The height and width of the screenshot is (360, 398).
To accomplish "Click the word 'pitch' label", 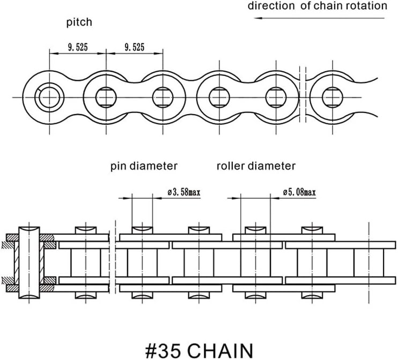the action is coord(79,22).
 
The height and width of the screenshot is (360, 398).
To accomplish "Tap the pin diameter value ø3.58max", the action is coord(184,192).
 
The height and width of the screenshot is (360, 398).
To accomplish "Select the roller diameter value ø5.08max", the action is coord(299,192).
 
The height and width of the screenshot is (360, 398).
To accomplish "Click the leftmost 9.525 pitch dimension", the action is coord(78,47).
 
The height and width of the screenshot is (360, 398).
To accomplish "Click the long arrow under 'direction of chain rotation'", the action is coord(319,18).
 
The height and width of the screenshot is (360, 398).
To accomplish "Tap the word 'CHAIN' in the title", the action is coord(220,350).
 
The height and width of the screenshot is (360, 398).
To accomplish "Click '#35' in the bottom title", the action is coord(163,350).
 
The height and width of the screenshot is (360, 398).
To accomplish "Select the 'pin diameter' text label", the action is coord(144,166).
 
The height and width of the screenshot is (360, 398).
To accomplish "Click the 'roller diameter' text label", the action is coord(256,166).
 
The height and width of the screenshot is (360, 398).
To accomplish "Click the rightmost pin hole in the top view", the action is coord(333,97).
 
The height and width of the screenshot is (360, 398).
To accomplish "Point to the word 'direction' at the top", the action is coord(271,5).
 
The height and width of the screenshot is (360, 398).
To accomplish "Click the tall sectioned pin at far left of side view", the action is coord(29,262).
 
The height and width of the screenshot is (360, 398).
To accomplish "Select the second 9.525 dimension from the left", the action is coord(134,47).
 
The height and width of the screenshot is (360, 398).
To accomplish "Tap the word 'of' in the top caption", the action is coord(305,5).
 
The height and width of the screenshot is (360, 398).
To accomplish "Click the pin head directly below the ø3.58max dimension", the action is coord(142,230).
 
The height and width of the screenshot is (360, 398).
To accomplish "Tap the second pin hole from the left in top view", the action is coord(106,97).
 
